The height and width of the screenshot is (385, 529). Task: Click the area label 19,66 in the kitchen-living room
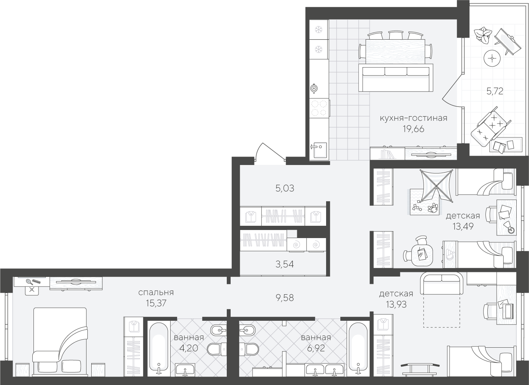pos(413,129)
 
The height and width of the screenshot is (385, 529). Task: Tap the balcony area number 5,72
pos(495,91)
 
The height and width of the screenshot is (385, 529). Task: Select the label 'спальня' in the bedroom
pos(156,293)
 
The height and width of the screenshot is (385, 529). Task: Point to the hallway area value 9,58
pos(285,298)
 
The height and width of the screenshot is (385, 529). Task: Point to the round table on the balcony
pos(492,58)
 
